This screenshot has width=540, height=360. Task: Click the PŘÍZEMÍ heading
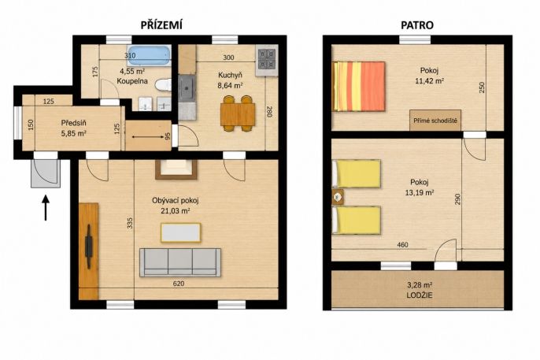(x=161, y=25)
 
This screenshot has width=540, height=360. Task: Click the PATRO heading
(x=417, y=25)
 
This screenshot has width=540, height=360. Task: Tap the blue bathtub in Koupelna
(x=149, y=55)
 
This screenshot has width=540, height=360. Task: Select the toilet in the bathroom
(x=163, y=85)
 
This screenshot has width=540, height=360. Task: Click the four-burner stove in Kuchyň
(x=267, y=60)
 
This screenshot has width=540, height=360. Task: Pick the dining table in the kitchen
(x=238, y=113)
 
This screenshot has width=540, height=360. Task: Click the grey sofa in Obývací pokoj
(x=180, y=262)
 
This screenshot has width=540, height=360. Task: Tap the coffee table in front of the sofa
(x=181, y=232)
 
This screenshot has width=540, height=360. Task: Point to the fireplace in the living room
(x=176, y=169)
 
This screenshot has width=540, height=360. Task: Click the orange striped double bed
(x=359, y=86)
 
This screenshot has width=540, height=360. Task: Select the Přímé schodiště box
(x=435, y=121)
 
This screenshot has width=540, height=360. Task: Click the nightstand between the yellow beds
(x=338, y=197)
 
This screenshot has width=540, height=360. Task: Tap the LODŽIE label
(x=420, y=295)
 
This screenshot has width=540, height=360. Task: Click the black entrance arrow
(x=46, y=208)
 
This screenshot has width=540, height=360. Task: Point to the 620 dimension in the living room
(x=179, y=284)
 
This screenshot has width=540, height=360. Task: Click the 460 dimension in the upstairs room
(x=402, y=245)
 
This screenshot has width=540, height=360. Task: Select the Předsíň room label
(x=74, y=123)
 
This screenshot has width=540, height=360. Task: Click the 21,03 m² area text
(x=176, y=211)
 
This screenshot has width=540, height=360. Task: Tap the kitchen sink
(x=187, y=88)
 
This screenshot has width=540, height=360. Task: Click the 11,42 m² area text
(x=430, y=81)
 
